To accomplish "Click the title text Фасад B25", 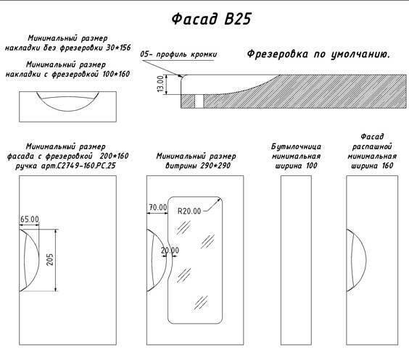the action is tap(211, 19).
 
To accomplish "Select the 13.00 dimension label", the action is tap(160, 83).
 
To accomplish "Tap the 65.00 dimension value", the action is tap(30, 219).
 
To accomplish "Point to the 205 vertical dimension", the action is tap(50, 260).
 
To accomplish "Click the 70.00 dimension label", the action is tap(158, 207).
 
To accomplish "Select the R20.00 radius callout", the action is tap(189, 211).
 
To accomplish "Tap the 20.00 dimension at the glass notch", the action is tap(170, 251).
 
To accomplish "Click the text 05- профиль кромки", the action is tap(178, 54).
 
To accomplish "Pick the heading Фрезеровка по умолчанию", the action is tap(318, 54).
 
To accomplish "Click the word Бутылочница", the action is tap(296, 146).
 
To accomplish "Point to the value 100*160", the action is tap(116, 74).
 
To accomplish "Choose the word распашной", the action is tap(372, 146).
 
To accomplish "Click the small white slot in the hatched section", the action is tap(199, 101).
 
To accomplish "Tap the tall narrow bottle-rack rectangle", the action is tap(296, 260).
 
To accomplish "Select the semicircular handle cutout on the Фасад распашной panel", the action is tap(366, 260).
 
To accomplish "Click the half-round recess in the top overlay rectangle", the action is tap(68, 111).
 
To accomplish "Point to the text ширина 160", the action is tap(372, 166).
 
